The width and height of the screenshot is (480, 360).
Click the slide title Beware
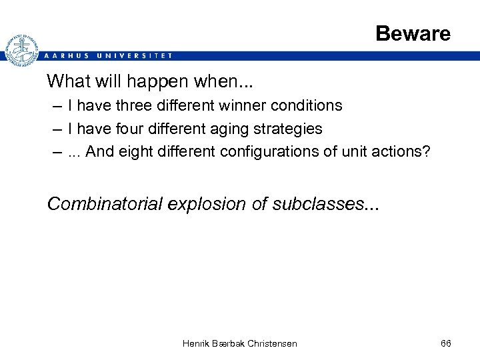click(413, 33)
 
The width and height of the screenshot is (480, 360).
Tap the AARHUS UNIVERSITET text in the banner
click(107, 56)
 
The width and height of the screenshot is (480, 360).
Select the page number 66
click(446, 343)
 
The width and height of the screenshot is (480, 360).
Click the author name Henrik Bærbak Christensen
click(240, 343)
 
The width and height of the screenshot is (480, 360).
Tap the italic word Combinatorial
click(105, 204)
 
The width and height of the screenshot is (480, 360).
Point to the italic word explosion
click(207, 204)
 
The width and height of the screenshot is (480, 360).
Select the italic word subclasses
click(318, 204)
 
